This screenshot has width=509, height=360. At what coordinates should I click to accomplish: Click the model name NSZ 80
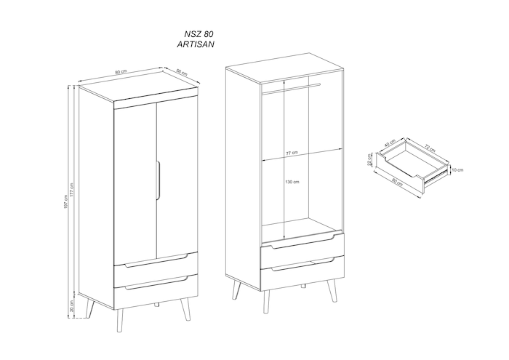click(199, 33)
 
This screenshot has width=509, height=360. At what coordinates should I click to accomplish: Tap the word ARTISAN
click(196, 44)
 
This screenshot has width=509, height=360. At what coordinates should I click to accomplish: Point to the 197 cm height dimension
click(65, 202)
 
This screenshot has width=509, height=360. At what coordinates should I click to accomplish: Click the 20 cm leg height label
click(72, 305)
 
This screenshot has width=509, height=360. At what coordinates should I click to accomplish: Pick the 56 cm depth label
click(182, 72)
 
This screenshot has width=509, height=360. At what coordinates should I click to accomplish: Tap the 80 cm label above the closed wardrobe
click(121, 72)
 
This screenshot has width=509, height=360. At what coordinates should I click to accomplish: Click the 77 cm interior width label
click(292, 153)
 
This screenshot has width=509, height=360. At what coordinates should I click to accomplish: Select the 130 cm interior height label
click(292, 182)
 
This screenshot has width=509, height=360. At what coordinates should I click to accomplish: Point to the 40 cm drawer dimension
click(390, 143)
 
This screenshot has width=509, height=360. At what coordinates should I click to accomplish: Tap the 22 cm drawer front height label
click(369, 160)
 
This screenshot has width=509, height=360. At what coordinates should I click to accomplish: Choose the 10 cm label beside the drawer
click(457, 169)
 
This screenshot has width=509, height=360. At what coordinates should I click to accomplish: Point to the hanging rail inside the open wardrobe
click(291, 89)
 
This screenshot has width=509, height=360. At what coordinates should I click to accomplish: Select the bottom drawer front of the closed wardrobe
click(156, 289)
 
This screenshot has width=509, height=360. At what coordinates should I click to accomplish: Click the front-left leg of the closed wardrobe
click(120, 321)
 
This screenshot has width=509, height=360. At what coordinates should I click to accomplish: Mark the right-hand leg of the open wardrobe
click(332, 290)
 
